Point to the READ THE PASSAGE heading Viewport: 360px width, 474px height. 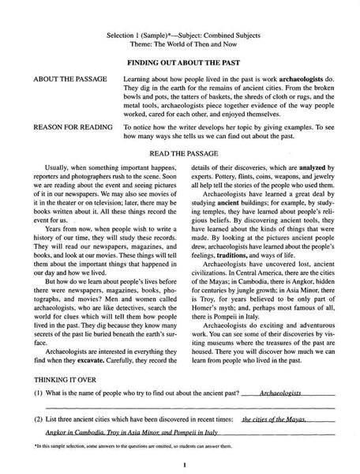[181, 153]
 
